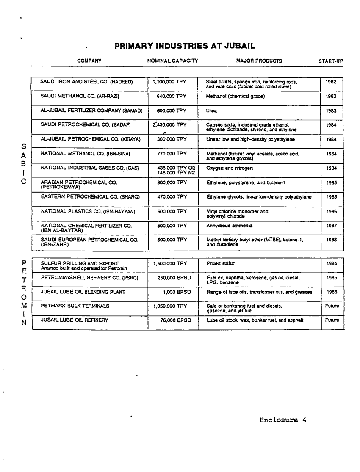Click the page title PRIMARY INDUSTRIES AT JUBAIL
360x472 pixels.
pyautogui.click(x=185, y=46)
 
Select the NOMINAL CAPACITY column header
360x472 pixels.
pyautogui.click(x=172, y=61)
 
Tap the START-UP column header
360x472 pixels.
pyautogui.click(x=330, y=61)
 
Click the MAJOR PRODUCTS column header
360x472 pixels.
pyautogui.click(x=259, y=61)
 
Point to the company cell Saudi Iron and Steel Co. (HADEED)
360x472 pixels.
pyautogui.click(x=87, y=81)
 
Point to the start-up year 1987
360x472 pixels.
pyautogui.click(x=332, y=226)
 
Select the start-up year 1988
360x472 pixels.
pyautogui.click(x=332, y=240)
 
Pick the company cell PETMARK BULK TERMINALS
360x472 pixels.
pyautogui.click(x=75, y=305)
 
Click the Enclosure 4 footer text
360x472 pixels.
pyautogui.click(x=282, y=420)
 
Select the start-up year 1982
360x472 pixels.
pyautogui.click(x=331, y=81)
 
